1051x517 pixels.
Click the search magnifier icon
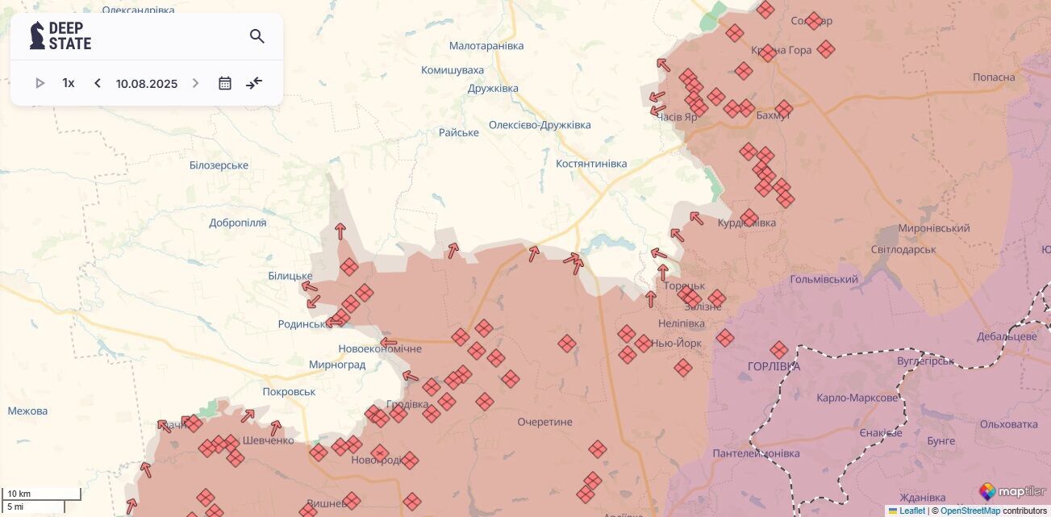click(256, 36)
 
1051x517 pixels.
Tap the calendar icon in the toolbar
click(225, 83)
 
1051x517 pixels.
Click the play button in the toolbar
click(40, 83)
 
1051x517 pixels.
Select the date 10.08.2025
click(146, 84)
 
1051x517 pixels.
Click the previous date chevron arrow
click(98, 83)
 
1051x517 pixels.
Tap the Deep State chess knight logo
click(37, 35)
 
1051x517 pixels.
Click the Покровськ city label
click(289, 392)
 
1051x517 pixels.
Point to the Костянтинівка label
click(591, 164)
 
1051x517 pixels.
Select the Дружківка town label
click(493, 88)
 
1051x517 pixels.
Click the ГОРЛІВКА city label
click(774, 366)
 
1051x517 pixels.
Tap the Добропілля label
click(237, 223)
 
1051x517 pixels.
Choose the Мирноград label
click(337, 365)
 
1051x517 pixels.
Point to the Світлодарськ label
click(903, 249)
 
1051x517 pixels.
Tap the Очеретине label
click(544, 422)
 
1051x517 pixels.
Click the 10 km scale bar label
click(19, 494)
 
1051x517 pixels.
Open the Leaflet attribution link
click(912, 511)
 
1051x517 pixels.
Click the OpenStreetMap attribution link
click(970, 511)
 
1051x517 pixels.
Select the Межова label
click(27, 411)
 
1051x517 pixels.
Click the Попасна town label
click(994, 77)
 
